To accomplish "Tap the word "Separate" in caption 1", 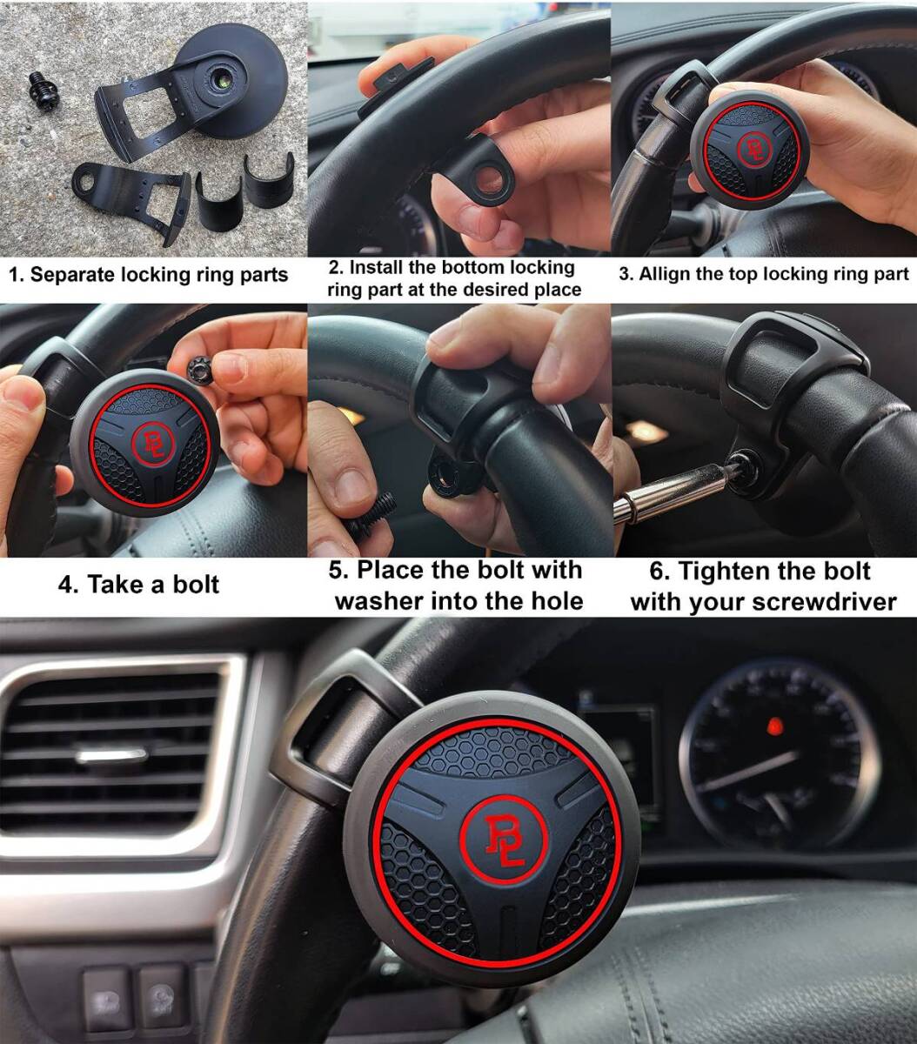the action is click(x=71, y=275).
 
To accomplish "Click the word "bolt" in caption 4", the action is click(x=196, y=585).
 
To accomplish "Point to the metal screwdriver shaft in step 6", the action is click(x=670, y=490).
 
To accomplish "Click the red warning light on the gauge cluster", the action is click(x=773, y=727).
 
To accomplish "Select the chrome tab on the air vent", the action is click(x=111, y=756).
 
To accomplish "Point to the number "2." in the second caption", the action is click(x=337, y=267).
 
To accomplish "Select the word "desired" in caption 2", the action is click(x=497, y=290).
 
